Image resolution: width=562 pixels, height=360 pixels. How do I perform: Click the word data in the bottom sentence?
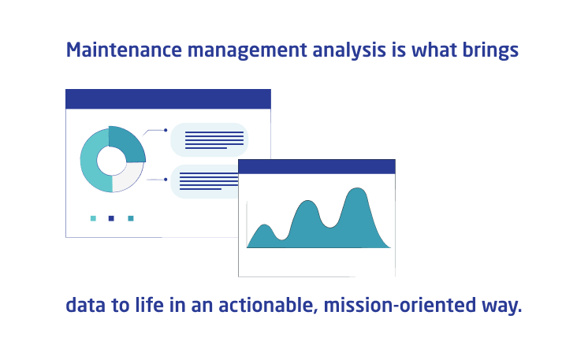[x=84, y=305]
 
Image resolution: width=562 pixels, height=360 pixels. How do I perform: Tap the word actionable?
[x=255, y=305]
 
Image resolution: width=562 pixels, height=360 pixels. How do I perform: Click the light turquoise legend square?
[x=93, y=218]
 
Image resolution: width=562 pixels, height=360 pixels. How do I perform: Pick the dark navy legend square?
[x=111, y=218]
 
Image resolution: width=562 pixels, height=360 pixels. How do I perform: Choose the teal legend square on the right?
[x=131, y=218]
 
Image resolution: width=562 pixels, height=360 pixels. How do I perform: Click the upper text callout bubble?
[x=210, y=140]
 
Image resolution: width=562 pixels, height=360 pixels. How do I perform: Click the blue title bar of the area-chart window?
[x=316, y=166]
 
